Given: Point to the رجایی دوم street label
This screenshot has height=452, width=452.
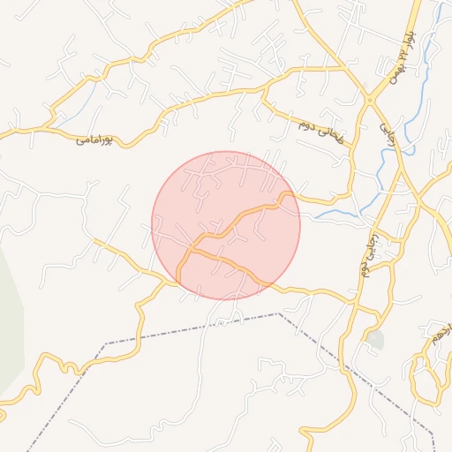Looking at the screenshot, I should point(368,256).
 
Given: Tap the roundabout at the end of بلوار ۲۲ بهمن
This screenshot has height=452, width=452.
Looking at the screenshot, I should point(369,100).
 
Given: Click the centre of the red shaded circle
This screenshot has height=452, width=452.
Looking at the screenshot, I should point(226,225).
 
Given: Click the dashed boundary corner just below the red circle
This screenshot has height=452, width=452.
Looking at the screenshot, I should point(278,313).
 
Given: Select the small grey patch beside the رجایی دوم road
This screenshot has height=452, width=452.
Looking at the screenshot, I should point(376,339).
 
